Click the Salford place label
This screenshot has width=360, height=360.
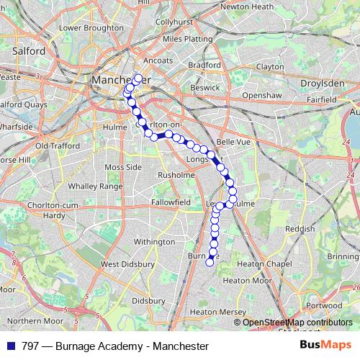(x=29, y=52)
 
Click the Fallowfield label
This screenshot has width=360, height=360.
(x=171, y=204)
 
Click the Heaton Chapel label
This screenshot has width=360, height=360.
(x=275, y=263)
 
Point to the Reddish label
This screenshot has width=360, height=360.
(x=299, y=228)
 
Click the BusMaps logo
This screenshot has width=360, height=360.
(x=324, y=346)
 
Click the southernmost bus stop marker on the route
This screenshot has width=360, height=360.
(x=210, y=263)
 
